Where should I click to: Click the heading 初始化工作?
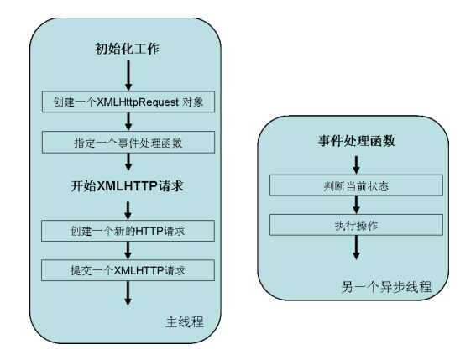tap(128, 49)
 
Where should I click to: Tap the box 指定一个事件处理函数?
tap(128, 142)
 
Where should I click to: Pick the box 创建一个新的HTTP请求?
tap(128, 230)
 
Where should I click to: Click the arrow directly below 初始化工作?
tap(128, 76)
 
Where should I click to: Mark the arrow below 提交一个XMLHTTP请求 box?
tap(128, 291)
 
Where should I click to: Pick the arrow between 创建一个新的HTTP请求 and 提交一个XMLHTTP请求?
tap(128, 249)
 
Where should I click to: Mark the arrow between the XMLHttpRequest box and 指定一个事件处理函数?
tap(128, 123)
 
